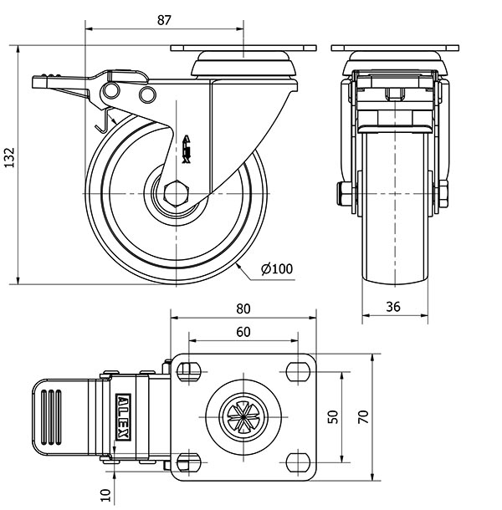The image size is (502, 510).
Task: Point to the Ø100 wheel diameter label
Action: (x=277, y=269)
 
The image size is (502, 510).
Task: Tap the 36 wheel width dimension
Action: (x=394, y=307)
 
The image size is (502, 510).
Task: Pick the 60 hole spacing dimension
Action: (x=243, y=332)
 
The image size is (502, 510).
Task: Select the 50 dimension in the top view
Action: (x=333, y=416)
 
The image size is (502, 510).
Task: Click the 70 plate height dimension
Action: (x=362, y=416)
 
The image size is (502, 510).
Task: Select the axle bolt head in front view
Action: (x=343, y=194)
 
